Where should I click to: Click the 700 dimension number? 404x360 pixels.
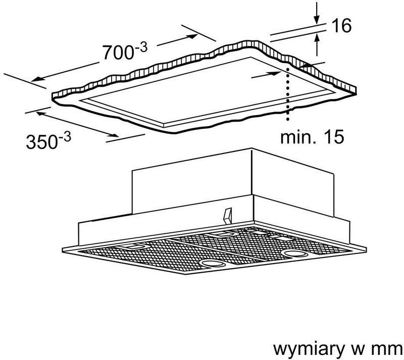tap(118, 53)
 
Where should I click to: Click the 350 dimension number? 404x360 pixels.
tap(41, 142)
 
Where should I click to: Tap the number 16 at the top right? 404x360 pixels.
tap(342, 25)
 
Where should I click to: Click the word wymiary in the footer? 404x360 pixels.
tap(309, 349)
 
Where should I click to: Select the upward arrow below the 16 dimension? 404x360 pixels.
tap(317, 45)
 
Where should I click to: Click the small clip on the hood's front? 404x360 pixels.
tap(228, 216)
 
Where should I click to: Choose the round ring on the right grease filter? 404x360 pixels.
tap(296, 253)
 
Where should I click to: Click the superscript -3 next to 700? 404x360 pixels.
tap(141, 48)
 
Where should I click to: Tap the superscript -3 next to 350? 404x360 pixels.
tap(65, 137)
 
